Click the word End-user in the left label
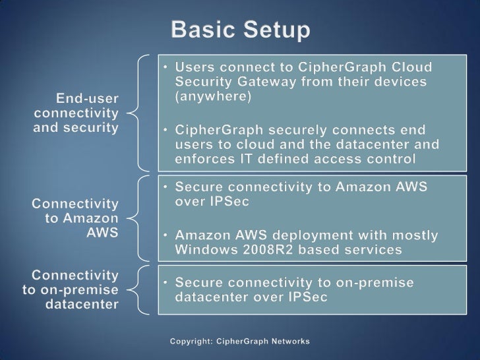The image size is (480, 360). pyautogui.click(x=88, y=98)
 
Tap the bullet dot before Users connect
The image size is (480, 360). pyautogui.click(x=166, y=68)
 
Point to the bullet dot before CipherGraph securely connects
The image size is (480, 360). pyautogui.click(x=166, y=130)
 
